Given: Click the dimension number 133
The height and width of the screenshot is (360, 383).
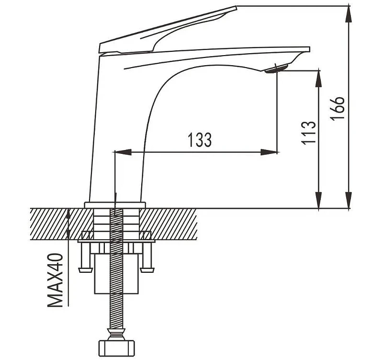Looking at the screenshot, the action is coord(200,140).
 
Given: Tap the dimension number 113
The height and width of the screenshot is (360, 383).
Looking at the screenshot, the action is coord(308,133).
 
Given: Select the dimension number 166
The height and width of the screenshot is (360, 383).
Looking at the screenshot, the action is coord(337,108).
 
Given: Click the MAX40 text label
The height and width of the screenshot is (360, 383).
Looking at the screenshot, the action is coord(55,280).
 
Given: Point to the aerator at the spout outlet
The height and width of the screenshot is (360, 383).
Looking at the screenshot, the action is coord(277,69).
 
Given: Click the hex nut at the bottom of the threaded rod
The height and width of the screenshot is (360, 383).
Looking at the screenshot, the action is coord(116,348).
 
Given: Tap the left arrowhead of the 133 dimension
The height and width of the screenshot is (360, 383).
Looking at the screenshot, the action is coord(123,152).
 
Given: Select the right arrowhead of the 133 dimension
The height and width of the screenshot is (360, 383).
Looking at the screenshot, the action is coord(269,152).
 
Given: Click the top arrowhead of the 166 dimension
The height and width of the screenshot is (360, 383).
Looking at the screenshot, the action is coord(349,14).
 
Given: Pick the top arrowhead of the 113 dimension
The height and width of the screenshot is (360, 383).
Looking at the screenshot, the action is coord(318,79).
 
